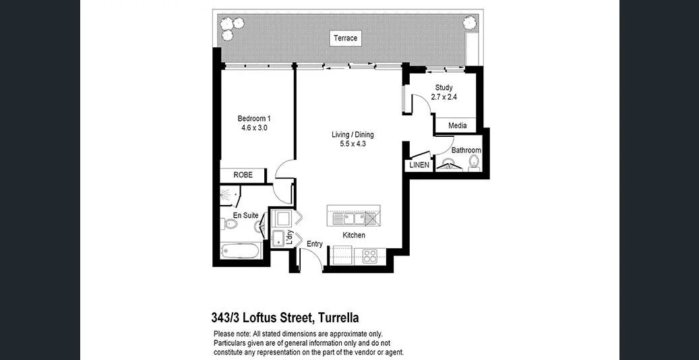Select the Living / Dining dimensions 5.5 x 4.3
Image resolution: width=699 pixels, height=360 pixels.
(x=352, y=144)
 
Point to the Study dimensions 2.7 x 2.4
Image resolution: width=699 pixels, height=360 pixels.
(x=444, y=97)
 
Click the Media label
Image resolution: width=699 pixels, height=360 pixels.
(x=457, y=125)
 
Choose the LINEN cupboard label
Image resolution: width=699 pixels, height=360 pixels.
(x=419, y=165)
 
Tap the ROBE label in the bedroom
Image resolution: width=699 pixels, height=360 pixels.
(x=243, y=175)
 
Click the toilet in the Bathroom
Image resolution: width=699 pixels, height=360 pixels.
(x=474, y=162)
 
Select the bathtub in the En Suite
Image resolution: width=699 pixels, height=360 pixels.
(x=241, y=251)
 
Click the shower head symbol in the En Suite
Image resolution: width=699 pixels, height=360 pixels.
(x=232, y=195)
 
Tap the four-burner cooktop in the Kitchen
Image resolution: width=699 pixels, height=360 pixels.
(x=370, y=256)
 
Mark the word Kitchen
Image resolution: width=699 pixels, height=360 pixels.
(x=354, y=235)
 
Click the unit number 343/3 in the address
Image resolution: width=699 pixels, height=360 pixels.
(x=225, y=318)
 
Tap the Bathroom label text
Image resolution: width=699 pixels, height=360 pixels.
(x=466, y=150)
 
